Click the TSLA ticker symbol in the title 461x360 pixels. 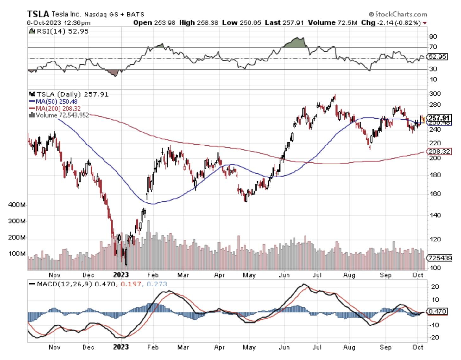click(x=38, y=14)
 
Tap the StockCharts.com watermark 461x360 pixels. click(x=398, y=14)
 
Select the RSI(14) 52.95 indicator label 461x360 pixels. click(x=62, y=31)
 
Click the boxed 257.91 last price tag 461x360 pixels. click(x=439, y=118)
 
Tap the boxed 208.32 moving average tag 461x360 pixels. click(x=439, y=151)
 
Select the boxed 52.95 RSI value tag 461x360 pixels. click(x=437, y=57)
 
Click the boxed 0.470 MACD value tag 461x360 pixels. click(x=437, y=312)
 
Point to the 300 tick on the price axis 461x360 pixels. click(x=435, y=94)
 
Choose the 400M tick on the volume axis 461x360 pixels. click(x=17, y=205)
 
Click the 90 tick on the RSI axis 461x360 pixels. click(x=433, y=36)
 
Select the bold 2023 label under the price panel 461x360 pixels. click(x=121, y=275)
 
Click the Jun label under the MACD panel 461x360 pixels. click(x=284, y=347)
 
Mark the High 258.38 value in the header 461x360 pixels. click(x=199, y=23)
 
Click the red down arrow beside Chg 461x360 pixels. click(x=425, y=23)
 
